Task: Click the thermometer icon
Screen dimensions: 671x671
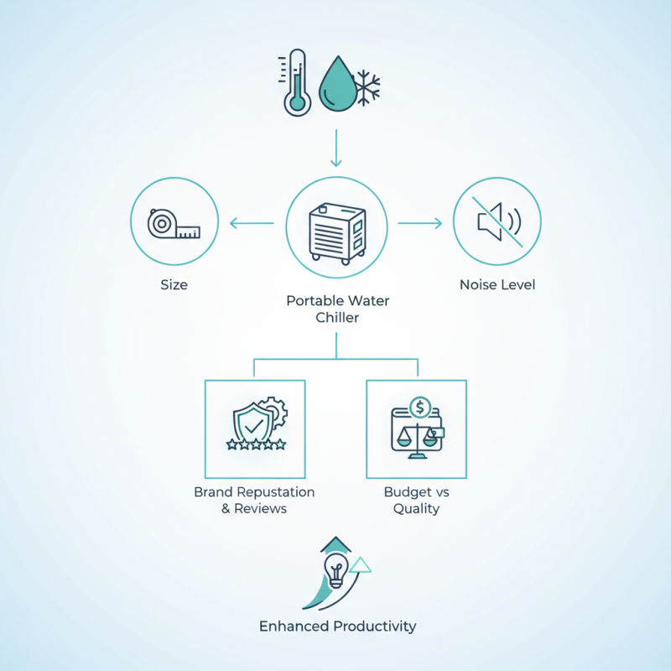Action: coord(295,82)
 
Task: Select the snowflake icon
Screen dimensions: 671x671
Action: coord(367,87)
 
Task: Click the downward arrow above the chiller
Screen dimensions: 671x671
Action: coord(336,148)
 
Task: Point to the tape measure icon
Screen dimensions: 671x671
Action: coord(174,223)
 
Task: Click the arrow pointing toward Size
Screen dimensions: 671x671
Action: coord(252,223)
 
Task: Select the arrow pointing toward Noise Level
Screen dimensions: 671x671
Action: coord(420,223)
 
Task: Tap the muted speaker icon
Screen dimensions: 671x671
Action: coord(498,221)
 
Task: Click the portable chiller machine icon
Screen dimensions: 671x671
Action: coord(337,234)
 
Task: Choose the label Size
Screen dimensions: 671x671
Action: coord(174,284)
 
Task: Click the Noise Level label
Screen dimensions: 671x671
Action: coord(497,284)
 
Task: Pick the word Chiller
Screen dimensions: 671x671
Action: coord(337,318)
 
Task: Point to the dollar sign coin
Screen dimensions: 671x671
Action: coord(420,407)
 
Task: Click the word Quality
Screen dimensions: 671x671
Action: coord(416,509)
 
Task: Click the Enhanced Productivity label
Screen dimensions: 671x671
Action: coord(338,626)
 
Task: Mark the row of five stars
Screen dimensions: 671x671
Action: coord(256,445)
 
